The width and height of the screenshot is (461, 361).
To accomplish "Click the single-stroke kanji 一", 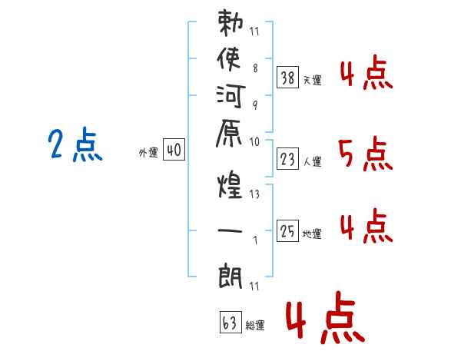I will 230,230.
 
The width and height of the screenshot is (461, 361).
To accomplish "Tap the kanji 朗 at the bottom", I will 230,275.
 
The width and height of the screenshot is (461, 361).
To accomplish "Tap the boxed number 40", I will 174,151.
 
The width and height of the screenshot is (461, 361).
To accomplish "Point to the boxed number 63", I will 229,323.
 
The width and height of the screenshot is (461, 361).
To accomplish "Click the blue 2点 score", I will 75,146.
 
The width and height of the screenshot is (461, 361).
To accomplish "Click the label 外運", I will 148,153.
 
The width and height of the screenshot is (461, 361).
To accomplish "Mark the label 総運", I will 254,326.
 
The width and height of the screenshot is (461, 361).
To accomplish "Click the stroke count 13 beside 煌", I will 254,194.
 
